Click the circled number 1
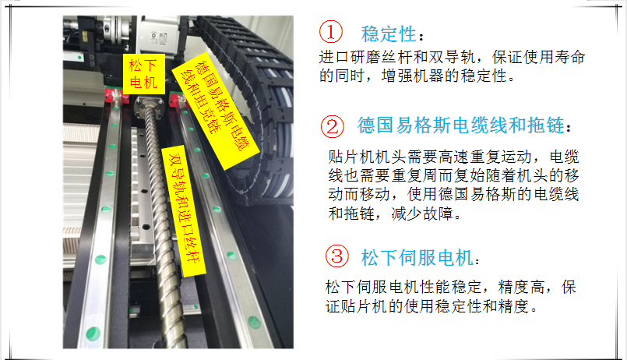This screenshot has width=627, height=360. pos(331,32)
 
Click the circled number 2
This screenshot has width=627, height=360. pos(333,127)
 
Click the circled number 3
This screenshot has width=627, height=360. pos(337,256)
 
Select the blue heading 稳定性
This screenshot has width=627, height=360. pos(389,34)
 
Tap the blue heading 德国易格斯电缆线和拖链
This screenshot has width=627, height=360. pos(460,125)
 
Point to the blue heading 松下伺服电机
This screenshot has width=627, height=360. pos(417,258)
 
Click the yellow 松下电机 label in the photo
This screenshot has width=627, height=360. pos(143,74)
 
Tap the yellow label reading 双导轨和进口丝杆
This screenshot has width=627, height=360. pos(184,211)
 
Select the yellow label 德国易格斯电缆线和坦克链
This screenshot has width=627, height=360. pos(216,111)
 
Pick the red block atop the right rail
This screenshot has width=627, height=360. pos(178,99)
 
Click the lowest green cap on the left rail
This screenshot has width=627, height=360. pos(93,333)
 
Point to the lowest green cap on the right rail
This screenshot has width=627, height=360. pos(254,322)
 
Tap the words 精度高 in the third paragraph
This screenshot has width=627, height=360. pos(521,287)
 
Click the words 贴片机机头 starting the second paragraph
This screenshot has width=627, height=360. pos(367,157)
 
